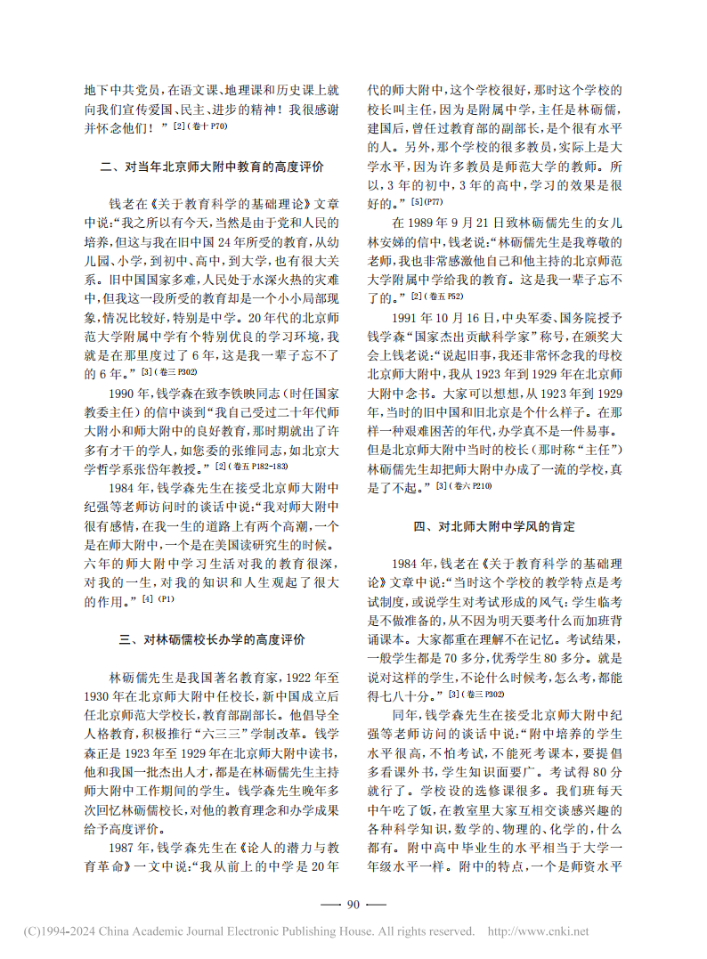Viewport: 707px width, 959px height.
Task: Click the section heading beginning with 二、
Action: pyautogui.click(x=212, y=167)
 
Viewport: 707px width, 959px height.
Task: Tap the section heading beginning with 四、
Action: pyautogui.click(x=493, y=526)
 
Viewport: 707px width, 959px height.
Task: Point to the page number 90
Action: pyautogui.click(x=353, y=905)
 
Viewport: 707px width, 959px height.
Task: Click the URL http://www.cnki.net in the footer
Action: pyautogui.click(x=537, y=931)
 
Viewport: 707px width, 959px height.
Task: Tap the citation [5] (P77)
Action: pyautogui.click(x=429, y=203)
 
